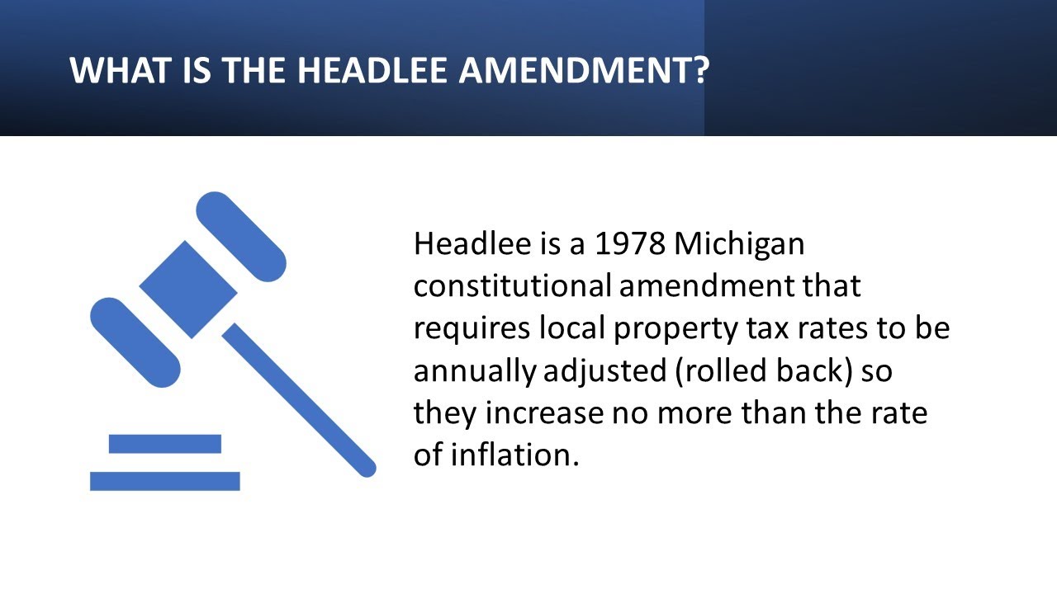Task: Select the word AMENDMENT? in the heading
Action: [x=584, y=70]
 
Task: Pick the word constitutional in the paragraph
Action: [x=512, y=286]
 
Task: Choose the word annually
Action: [x=475, y=372]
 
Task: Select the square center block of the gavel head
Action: [x=188, y=289]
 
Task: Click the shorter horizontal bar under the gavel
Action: [x=165, y=444]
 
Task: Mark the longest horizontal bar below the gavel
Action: [x=165, y=481]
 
